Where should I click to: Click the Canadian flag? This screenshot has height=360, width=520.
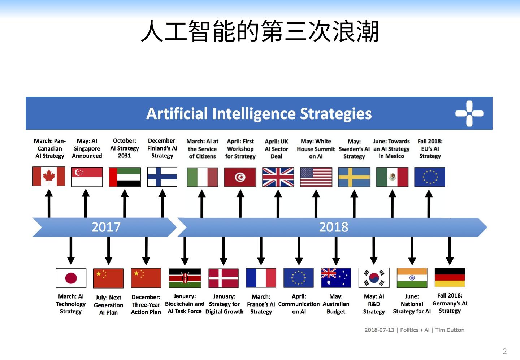tap(49, 176)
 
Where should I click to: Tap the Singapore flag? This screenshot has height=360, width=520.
tap(87, 177)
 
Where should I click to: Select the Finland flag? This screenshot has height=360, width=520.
tap(162, 177)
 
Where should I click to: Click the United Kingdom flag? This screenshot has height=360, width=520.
tap(278, 177)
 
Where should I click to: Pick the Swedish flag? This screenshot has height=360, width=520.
tap(354, 177)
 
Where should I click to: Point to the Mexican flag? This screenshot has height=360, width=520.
tap(392, 177)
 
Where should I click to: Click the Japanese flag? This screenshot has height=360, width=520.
tap(71, 278)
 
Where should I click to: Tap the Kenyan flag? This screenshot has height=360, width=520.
tap(185, 278)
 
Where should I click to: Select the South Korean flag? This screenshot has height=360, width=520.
tap(374, 278)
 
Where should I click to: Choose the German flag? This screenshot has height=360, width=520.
tap(450, 277)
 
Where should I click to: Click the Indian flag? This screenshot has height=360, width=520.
tap(412, 278)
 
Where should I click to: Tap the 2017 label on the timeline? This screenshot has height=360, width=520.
tap(106, 227)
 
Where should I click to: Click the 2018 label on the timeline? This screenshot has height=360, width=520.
tap(334, 227)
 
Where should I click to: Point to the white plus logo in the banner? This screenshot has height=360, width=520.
tap(469, 113)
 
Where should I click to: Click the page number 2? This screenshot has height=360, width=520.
tap(505, 351)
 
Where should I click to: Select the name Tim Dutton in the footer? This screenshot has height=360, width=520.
tap(450, 330)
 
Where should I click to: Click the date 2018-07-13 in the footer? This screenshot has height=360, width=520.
tap(379, 330)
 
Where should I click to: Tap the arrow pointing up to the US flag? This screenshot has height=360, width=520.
tap(316, 204)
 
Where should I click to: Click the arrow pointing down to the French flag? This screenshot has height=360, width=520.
tap(261, 251)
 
